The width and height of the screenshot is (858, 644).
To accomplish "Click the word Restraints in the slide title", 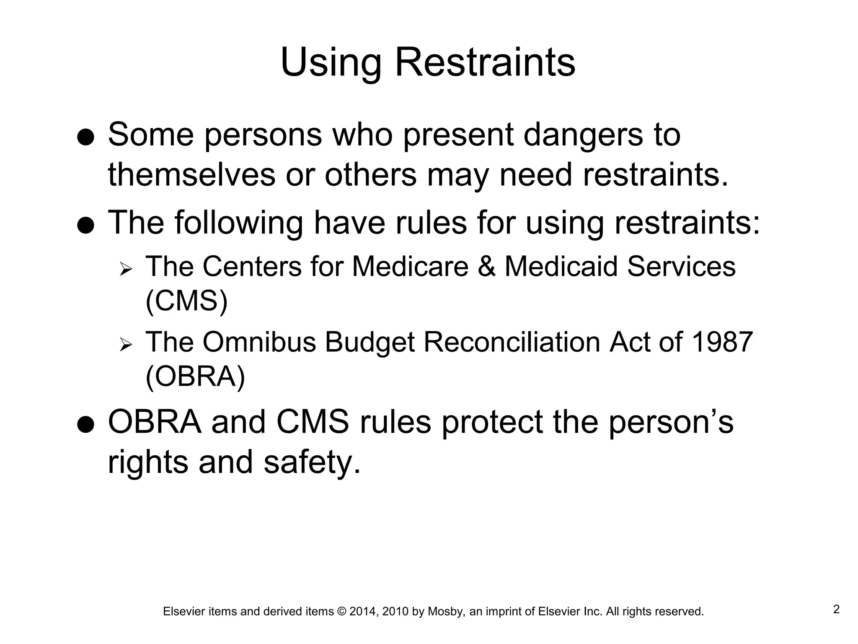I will pyautogui.click(x=485, y=63).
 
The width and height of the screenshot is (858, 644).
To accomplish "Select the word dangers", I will pyautogui.click(x=583, y=135).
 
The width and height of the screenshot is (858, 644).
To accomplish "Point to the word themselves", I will pyautogui.click(x=191, y=175).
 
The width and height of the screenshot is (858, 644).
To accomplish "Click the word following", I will pyautogui.click(x=238, y=223).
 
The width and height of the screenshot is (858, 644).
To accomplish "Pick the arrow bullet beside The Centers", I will pyautogui.click(x=125, y=269).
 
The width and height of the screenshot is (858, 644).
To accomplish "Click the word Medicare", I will pyautogui.click(x=410, y=267).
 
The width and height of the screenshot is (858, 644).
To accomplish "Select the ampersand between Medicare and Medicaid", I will pyautogui.click(x=486, y=267).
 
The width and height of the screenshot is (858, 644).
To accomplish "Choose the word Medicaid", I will pyautogui.click(x=561, y=267).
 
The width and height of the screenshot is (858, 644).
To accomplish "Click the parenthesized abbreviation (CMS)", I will pyautogui.click(x=186, y=301).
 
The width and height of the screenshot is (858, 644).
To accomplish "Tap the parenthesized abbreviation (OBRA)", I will pyautogui.click(x=195, y=377).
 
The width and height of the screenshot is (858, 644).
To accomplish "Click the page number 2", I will pyautogui.click(x=836, y=609).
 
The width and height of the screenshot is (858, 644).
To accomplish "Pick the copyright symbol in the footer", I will pyautogui.click(x=341, y=612).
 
